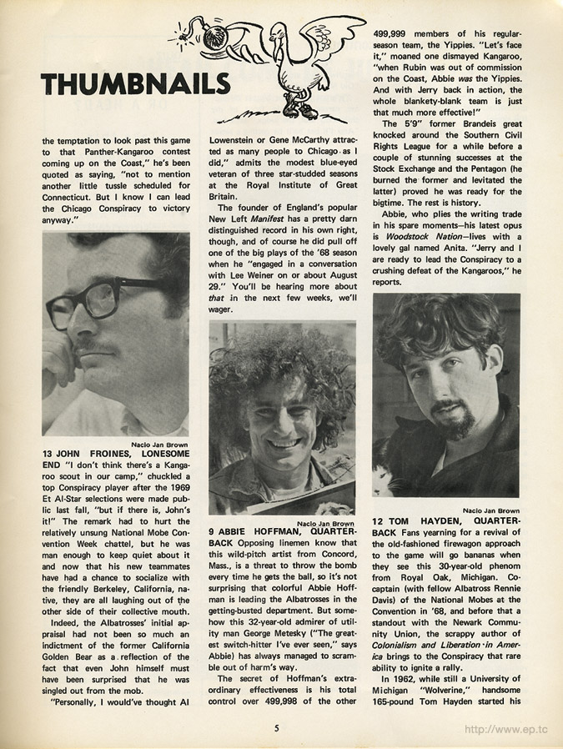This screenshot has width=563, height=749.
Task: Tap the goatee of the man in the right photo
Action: click(x=455, y=419)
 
